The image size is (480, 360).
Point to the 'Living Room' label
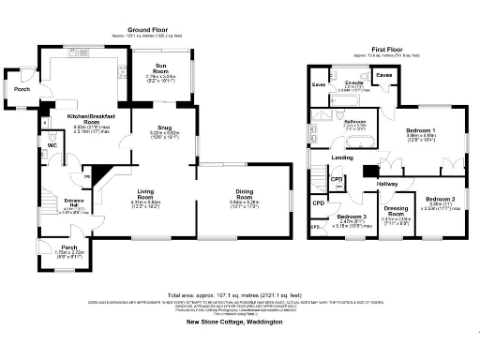coord(143,192)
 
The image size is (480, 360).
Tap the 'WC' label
coord(52,145)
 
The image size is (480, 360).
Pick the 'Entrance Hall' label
coord(46,201)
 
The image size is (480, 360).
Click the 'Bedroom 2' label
coord(439,199)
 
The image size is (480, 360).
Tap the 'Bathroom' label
coord(353,122)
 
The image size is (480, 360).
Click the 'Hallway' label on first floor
coord(387,183)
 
